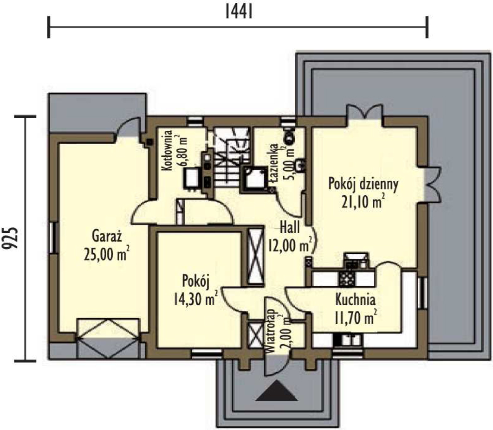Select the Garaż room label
107,236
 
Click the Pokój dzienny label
363,184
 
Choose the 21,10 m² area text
363,201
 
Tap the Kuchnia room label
355,300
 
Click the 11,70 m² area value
355,317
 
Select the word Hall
290,227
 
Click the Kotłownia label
167,150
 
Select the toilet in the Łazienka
288,135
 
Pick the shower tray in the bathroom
255,180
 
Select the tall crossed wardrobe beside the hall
255,257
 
